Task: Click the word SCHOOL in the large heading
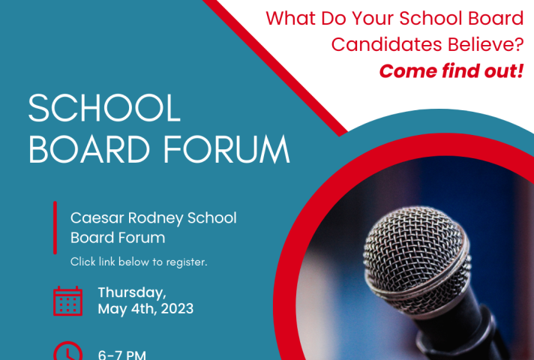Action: pos(104,108)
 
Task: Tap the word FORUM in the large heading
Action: pos(226,150)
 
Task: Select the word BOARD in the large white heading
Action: pos(89,150)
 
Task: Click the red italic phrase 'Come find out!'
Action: pos(451,71)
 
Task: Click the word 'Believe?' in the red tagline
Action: pos(486,44)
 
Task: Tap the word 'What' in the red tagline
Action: pos(289,18)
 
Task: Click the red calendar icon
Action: pos(67,301)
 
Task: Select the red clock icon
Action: pos(67,351)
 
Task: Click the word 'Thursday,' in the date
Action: pos(132,292)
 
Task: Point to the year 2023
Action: pos(177,309)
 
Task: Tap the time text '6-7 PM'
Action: pos(122,355)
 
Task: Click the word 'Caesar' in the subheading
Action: pos(97,218)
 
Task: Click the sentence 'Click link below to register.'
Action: pos(139,262)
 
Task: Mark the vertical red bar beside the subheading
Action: pos(55,227)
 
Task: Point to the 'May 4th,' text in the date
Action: pos(127,309)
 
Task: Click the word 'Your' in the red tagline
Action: pos(373,18)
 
